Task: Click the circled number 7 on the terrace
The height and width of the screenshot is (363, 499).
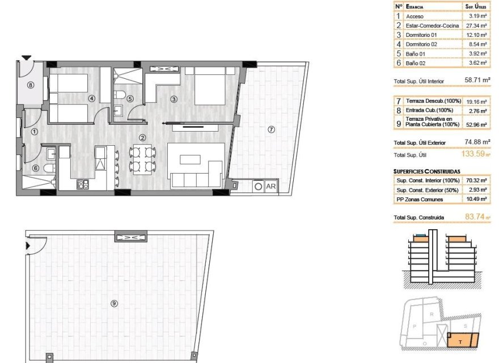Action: (271, 129)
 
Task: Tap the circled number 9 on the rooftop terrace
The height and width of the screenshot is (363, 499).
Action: (114, 303)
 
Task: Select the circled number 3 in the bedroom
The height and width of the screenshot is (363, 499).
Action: (174, 99)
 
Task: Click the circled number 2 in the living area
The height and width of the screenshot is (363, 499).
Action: (142, 137)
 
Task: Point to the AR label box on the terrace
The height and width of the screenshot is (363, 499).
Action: (270, 185)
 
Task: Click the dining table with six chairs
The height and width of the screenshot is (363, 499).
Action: (143, 158)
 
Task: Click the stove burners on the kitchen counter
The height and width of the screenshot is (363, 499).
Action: (83, 184)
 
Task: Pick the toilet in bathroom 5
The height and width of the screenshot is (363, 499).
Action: (119, 94)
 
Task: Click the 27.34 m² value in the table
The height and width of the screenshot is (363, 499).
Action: (476, 26)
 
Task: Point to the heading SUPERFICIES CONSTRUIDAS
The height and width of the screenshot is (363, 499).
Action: (426, 171)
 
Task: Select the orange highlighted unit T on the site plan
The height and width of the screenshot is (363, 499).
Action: (462, 340)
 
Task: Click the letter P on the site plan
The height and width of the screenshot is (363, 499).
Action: (415, 326)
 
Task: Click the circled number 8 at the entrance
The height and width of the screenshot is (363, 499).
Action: (31, 85)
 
